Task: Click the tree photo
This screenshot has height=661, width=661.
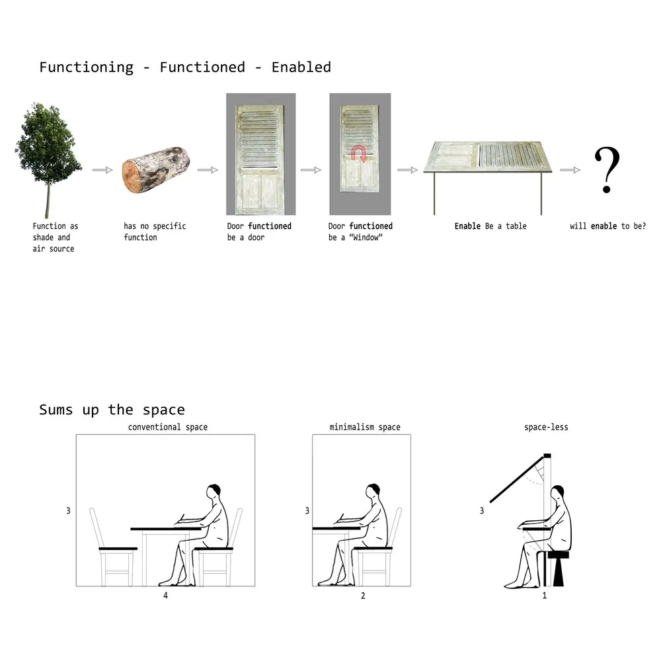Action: point(48,160)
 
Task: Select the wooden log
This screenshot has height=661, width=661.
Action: point(155,169)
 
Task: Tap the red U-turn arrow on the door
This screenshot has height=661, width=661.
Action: point(359,154)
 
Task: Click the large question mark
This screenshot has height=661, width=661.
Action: point(607,169)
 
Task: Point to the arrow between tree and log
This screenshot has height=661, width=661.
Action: point(102,170)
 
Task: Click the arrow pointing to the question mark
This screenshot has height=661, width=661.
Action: point(570,170)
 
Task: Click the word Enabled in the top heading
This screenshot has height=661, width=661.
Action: point(301,67)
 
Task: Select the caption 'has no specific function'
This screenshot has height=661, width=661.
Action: point(155,231)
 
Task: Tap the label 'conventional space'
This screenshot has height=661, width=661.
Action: point(168,427)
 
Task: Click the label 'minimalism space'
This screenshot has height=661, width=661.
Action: point(365,427)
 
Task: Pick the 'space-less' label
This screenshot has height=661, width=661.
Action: point(547,427)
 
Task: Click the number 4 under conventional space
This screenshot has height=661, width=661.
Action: point(166,596)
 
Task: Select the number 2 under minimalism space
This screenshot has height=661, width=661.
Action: point(363,596)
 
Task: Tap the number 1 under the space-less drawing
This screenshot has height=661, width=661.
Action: point(545,596)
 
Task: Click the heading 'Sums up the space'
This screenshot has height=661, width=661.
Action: point(112,410)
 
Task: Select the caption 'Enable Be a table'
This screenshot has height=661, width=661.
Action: point(490,226)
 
